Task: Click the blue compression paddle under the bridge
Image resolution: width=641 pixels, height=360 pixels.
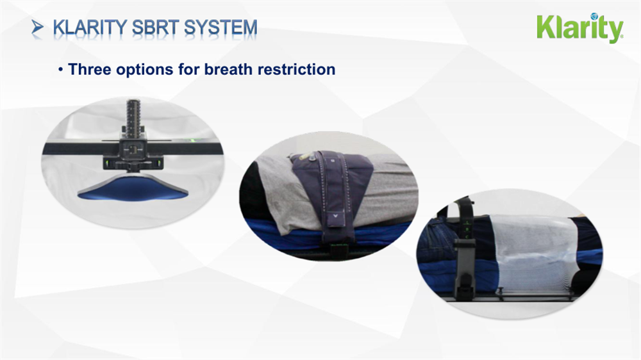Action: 133,188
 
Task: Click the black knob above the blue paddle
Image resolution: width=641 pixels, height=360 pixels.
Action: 133,166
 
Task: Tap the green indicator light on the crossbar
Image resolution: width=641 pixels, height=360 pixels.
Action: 189,140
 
